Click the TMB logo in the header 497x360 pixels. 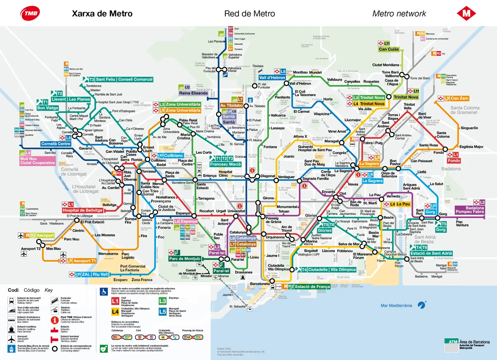[30, 13]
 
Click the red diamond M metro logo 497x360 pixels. [466, 13]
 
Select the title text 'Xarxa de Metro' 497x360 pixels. [102, 13]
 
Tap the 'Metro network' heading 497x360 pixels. [399, 13]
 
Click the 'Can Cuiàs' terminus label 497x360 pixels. [389, 49]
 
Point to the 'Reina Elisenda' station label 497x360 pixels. [193, 93]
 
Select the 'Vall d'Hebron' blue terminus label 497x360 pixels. [272, 78]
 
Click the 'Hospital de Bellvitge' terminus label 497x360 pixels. [82, 210]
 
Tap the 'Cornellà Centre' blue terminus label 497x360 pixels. [56, 144]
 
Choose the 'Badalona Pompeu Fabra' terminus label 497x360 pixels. [470, 210]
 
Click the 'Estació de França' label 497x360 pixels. [312, 287]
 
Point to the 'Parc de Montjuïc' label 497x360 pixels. [185, 259]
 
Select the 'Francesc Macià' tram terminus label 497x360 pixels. [225, 164]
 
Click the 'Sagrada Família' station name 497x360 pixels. [315, 179]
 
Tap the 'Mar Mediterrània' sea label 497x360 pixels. [396, 305]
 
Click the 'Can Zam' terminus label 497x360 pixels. [459, 98]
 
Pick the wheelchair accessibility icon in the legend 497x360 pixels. [104, 292]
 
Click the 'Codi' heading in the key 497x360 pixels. [13, 290]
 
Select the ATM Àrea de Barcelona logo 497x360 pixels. [467, 344]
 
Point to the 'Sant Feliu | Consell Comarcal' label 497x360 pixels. [124, 79]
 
